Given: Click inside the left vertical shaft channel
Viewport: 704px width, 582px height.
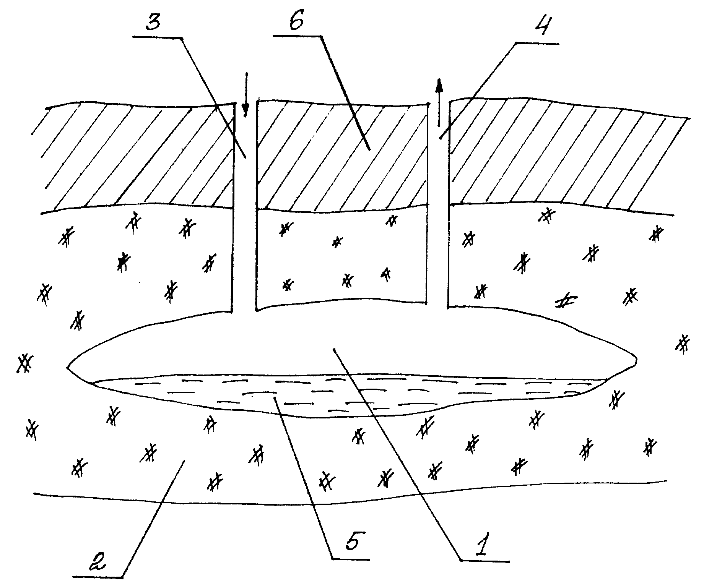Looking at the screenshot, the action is pyautogui.click(x=244, y=206).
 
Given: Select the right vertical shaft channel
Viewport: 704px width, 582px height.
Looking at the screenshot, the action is pyautogui.click(x=438, y=206).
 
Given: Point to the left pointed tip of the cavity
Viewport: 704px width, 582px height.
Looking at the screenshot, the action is pyautogui.click(x=68, y=368).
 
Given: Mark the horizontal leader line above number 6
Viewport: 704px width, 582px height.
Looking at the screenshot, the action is pyautogui.click(x=298, y=37).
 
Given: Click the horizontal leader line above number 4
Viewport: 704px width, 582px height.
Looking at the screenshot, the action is pyautogui.click(x=537, y=43).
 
